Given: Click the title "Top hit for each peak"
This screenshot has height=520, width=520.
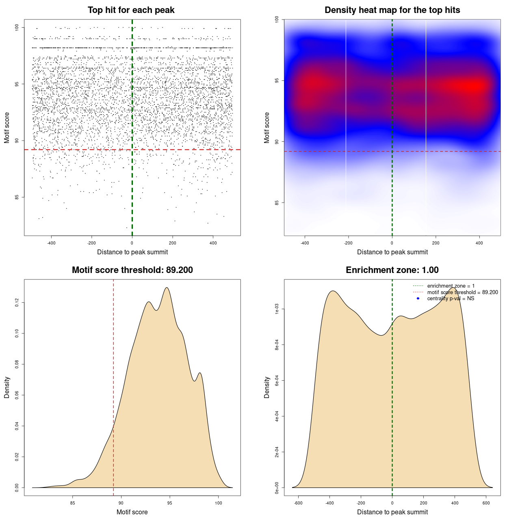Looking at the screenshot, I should [131, 10].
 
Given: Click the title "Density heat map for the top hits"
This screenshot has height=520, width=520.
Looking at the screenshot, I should [392, 10].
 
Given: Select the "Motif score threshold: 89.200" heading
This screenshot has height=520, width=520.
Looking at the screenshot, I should [132, 270].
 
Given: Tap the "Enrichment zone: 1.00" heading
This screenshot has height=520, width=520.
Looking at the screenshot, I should [392, 270].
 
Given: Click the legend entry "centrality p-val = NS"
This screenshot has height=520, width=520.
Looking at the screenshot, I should [451, 299].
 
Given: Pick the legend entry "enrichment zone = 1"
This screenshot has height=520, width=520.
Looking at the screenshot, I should [451, 286].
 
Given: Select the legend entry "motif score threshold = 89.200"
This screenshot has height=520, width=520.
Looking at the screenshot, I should [462, 292].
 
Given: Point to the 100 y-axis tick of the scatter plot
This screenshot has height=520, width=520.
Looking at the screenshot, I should [17, 28].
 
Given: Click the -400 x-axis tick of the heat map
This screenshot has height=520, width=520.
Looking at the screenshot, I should [305, 243].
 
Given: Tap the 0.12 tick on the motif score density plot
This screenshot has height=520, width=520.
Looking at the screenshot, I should [17, 303].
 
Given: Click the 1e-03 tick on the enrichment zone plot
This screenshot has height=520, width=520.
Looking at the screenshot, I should [277, 310].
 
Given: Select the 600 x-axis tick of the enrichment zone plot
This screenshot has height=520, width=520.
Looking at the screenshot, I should [486, 503].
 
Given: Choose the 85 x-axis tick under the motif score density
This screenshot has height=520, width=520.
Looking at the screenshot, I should [73, 503].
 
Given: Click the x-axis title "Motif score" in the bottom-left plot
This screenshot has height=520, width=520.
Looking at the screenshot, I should [132, 512].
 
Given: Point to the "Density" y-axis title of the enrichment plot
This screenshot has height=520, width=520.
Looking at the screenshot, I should [267, 387].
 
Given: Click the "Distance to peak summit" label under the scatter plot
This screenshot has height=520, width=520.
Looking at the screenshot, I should [132, 252].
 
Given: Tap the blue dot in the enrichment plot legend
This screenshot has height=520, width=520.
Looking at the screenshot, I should [418, 299].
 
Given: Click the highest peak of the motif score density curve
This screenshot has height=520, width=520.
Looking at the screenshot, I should [167, 288].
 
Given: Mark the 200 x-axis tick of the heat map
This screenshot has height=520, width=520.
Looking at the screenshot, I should [435, 243].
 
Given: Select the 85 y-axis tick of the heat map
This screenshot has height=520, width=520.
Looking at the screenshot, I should [277, 203].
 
